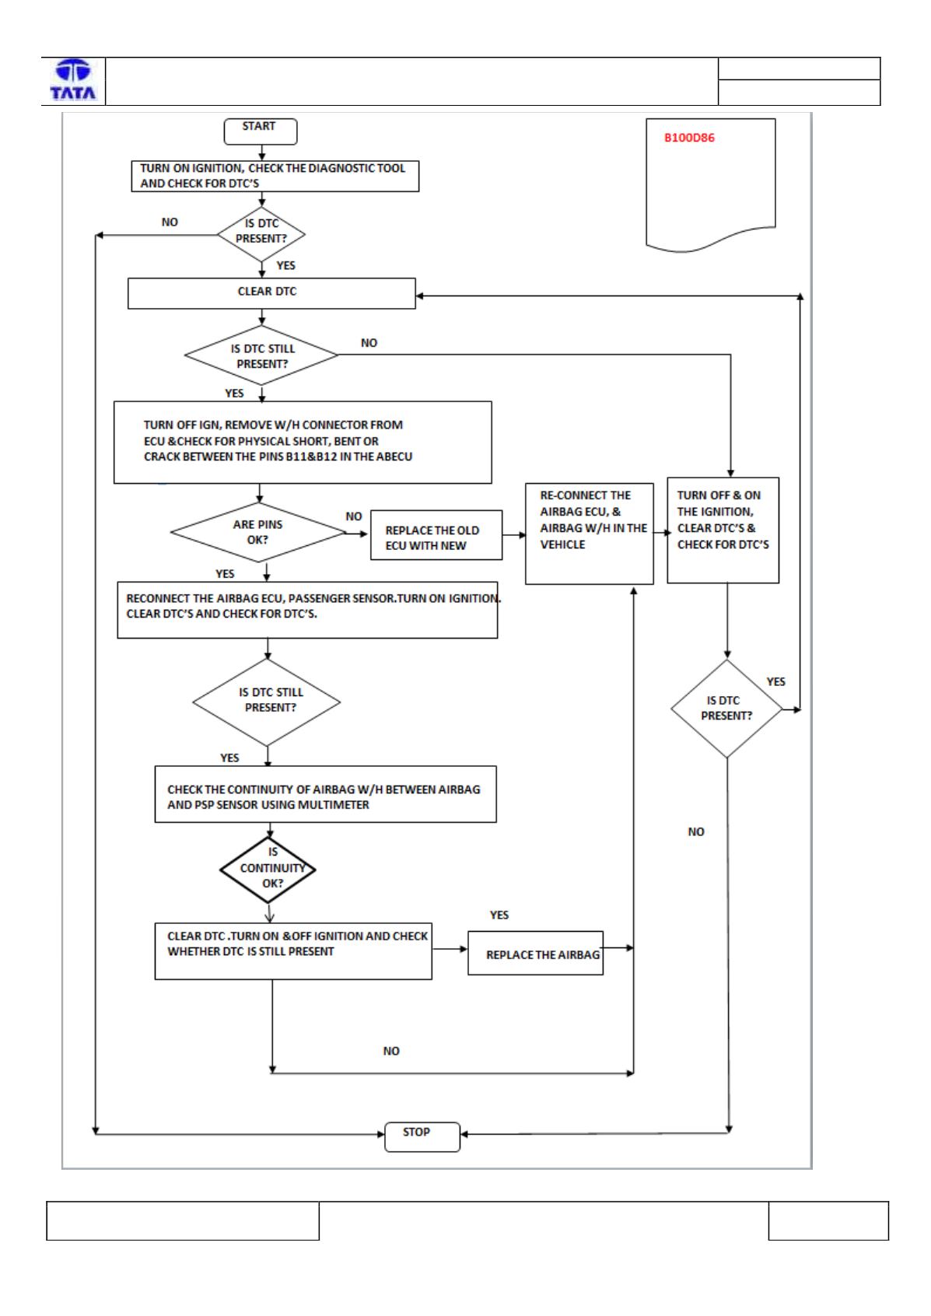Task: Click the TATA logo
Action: [73, 80]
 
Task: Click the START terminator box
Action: [261, 131]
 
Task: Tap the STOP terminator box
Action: [422, 1137]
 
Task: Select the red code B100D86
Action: [689, 138]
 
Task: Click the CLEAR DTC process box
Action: [271, 293]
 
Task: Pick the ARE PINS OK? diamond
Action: [258, 532]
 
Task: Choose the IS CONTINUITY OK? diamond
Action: [268, 870]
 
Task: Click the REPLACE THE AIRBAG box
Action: [535, 953]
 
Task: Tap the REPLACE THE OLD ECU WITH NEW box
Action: [436, 535]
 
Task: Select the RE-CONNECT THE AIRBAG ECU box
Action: [589, 534]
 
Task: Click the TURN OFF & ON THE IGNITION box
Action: [723, 530]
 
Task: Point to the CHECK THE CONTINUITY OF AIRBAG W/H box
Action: [325, 793]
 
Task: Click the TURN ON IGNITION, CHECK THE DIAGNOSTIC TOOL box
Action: [275, 177]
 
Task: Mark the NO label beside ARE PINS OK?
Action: [354, 516]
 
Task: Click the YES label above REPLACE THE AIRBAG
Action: [499, 915]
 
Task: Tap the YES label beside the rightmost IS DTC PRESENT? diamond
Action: [775, 681]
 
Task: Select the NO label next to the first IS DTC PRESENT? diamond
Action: [170, 222]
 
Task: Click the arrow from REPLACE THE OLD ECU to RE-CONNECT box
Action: [514, 535]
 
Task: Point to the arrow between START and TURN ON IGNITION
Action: [262, 152]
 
